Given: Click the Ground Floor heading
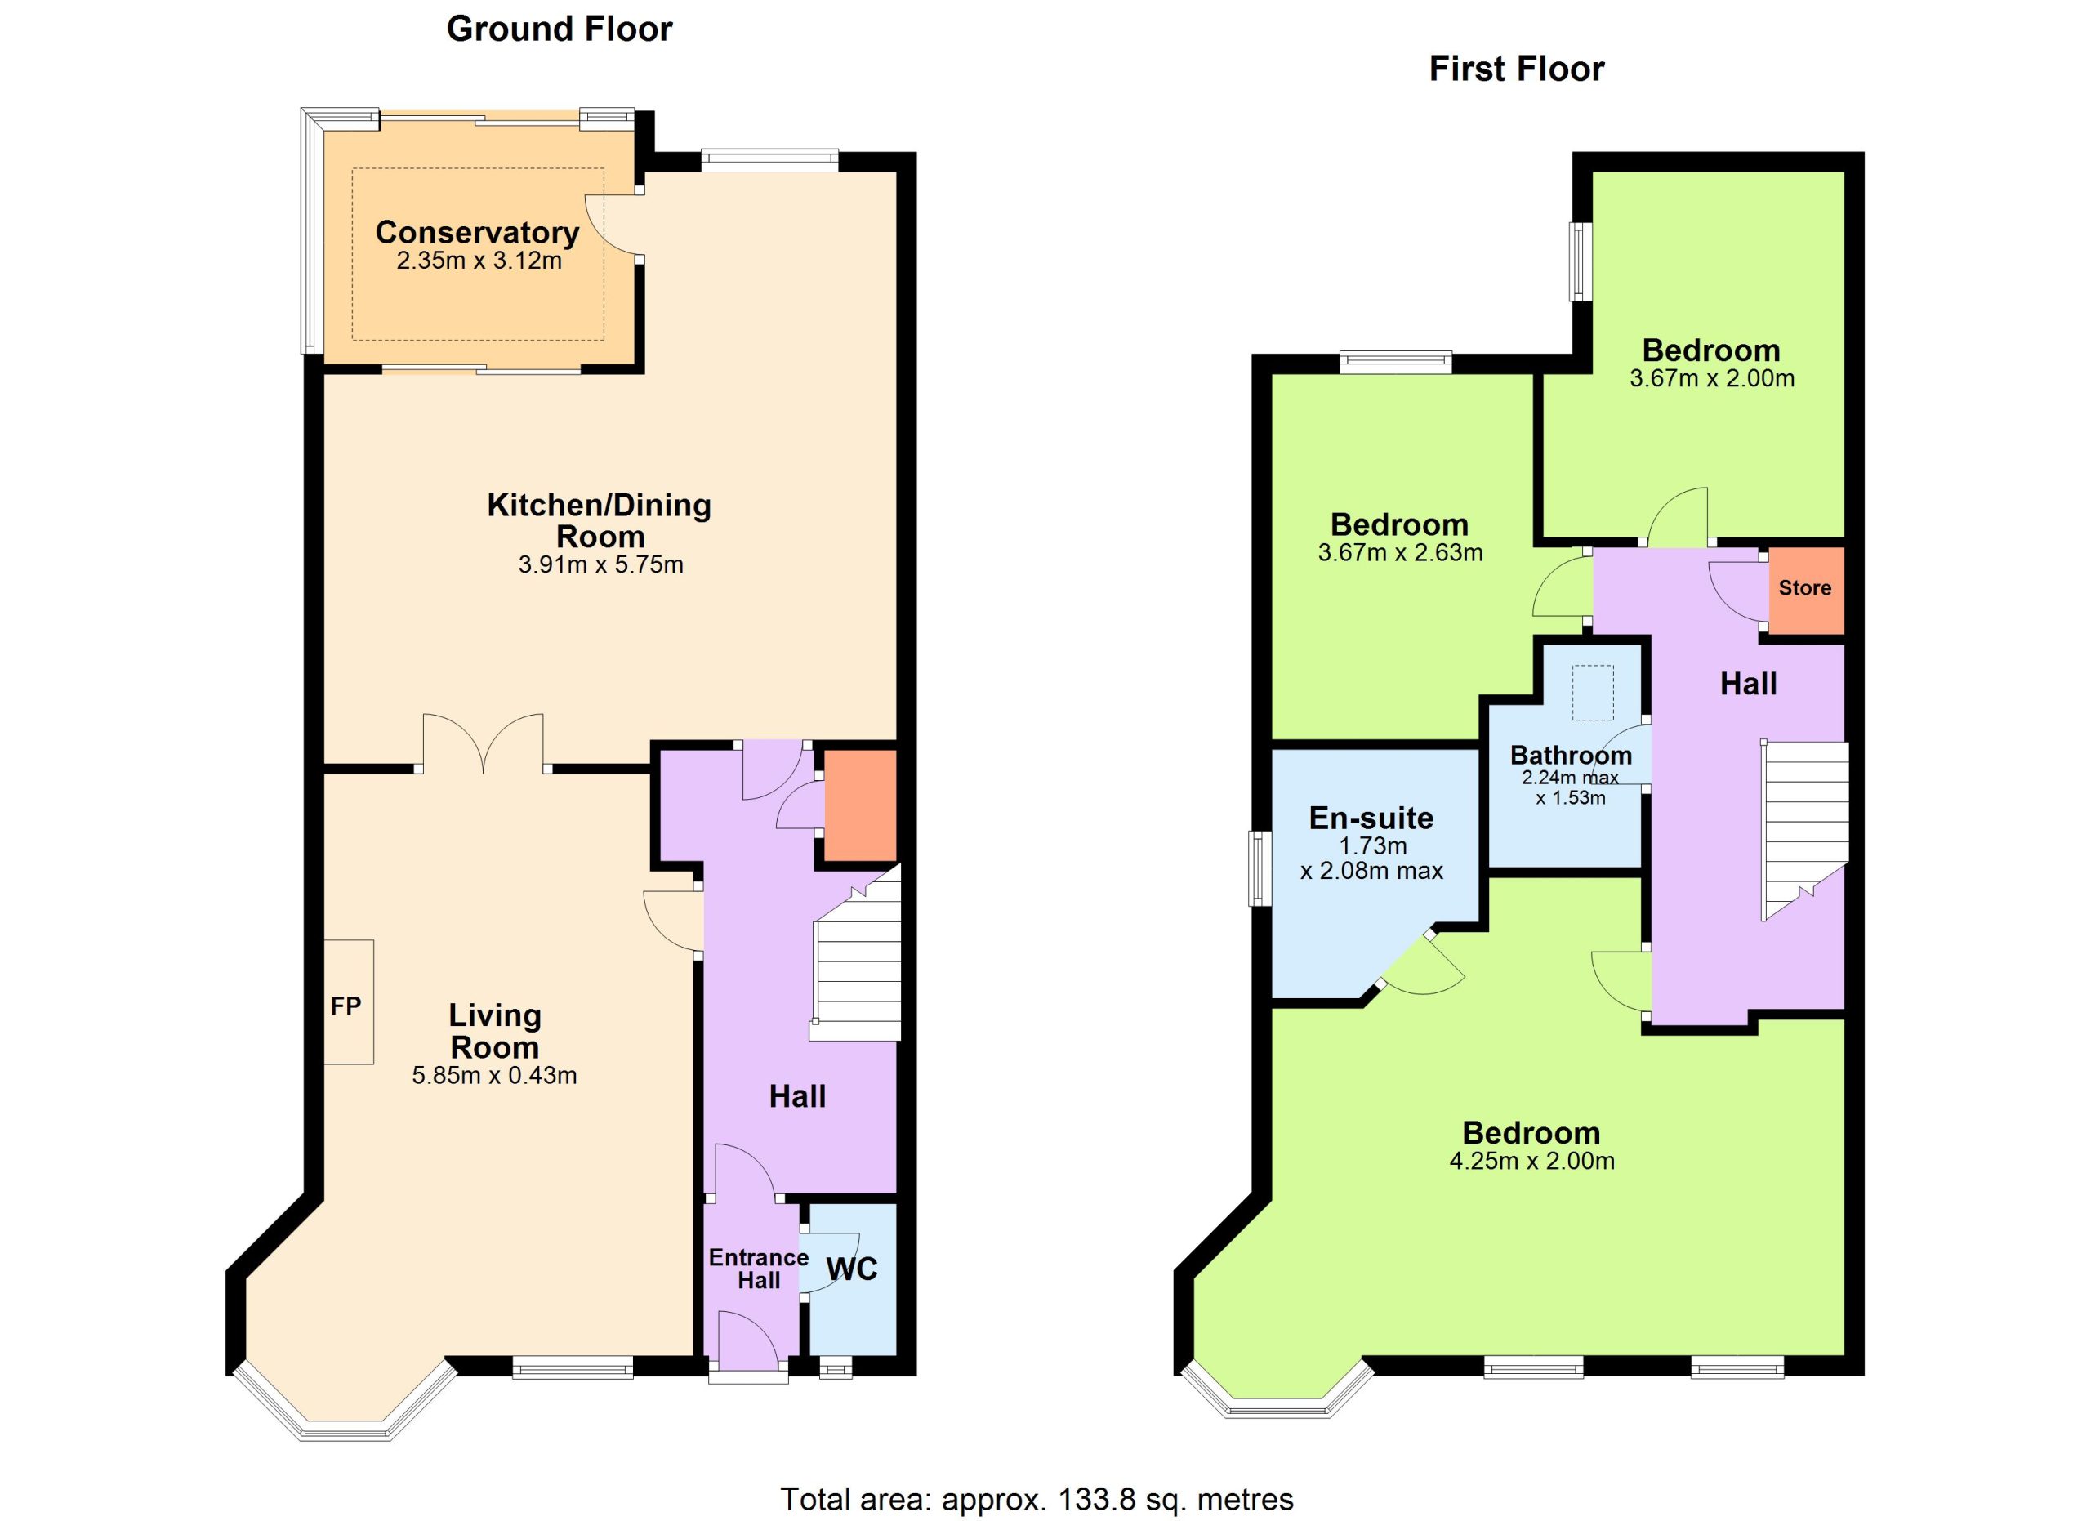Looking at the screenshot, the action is (x=559, y=29).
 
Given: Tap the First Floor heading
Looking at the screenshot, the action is (x=1517, y=69).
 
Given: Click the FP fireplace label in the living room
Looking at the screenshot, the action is (x=346, y=1006).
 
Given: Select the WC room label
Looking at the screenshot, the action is (x=852, y=1269).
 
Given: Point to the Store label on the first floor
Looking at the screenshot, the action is (x=1804, y=588).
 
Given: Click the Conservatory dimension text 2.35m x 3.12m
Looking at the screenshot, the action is (x=479, y=261).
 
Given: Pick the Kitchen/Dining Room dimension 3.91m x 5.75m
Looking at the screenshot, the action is (x=601, y=565).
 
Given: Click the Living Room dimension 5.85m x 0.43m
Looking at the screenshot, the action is (x=495, y=1076).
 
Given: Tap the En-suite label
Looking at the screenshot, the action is (x=1372, y=818).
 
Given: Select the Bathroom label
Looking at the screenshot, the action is (x=1571, y=756).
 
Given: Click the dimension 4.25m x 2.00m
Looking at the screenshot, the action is (x=1532, y=1162).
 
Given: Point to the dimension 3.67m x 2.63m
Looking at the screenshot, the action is (x=1401, y=553).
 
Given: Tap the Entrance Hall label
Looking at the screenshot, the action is (x=759, y=1269).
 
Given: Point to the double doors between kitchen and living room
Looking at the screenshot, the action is (x=483, y=743).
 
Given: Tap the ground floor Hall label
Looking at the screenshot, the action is (x=797, y=1097).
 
